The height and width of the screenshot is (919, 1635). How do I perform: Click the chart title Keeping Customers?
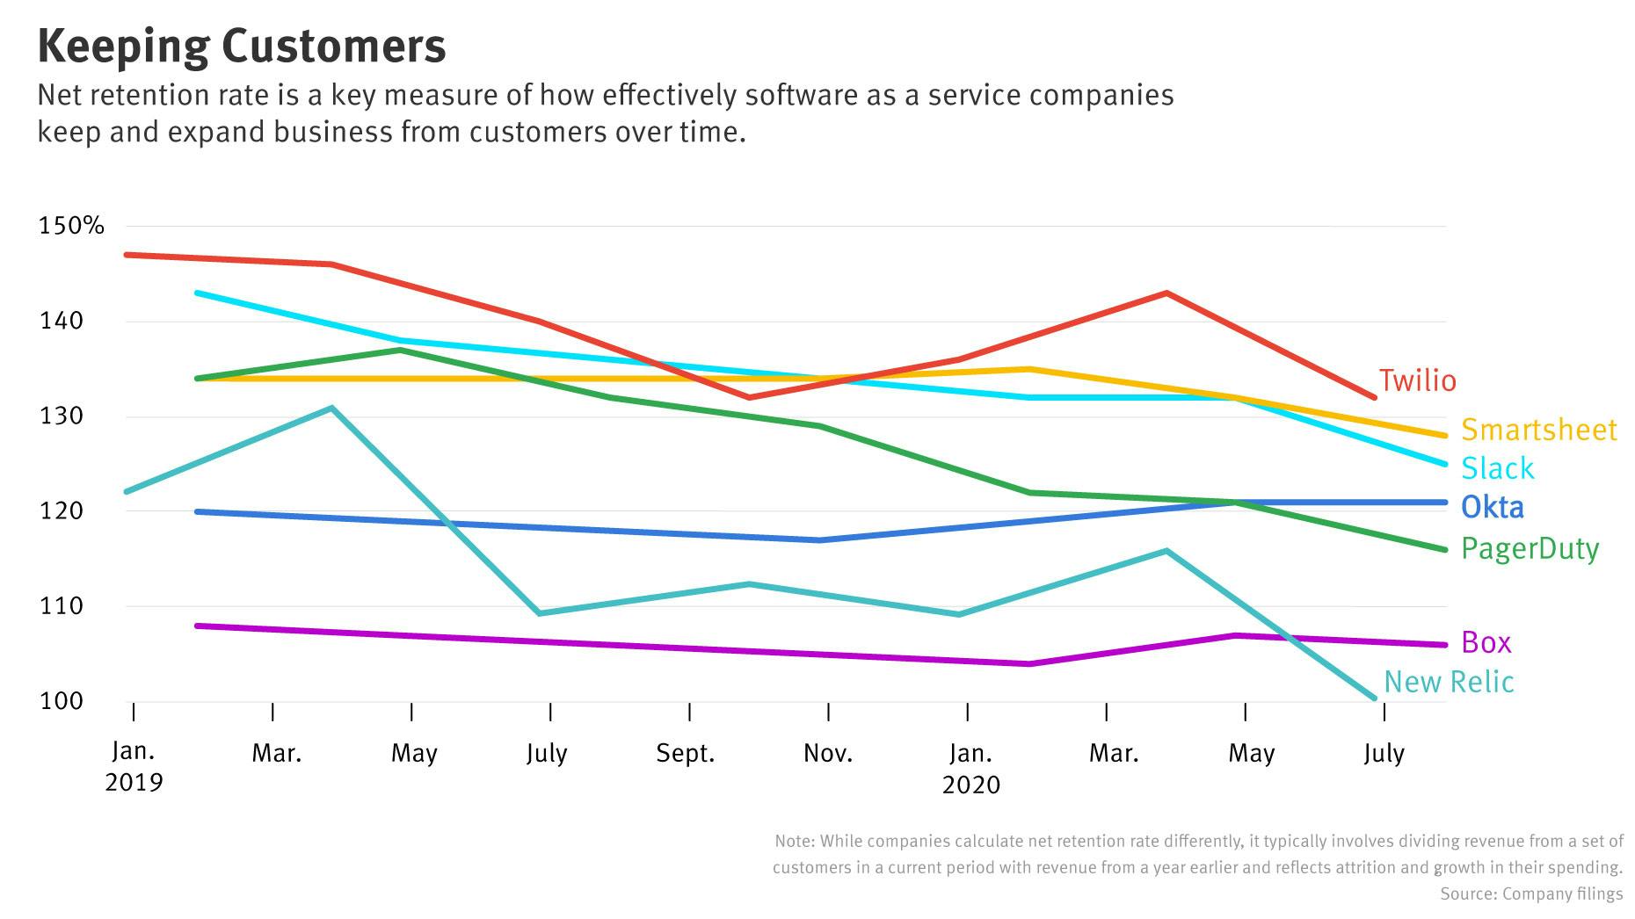click(242, 47)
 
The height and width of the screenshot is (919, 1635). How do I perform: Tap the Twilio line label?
click(1417, 380)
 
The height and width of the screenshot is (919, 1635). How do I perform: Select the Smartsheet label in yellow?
click(1538, 430)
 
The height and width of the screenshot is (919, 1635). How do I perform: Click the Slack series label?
click(1497, 468)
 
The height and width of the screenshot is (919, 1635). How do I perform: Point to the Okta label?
click(1492, 507)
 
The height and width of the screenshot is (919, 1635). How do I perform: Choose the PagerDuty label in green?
click(1530, 548)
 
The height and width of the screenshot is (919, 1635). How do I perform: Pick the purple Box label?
click(1486, 642)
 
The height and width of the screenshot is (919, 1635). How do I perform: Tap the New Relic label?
click(1449, 682)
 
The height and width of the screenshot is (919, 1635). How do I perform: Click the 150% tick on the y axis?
click(71, 226)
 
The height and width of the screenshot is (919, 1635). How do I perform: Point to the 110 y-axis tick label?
click(61, 605)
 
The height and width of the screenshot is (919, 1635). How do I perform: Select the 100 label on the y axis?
click(61, 700)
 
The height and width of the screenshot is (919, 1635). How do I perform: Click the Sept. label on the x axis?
click(686, 753)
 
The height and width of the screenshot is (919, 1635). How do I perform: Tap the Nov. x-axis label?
click(828, 753)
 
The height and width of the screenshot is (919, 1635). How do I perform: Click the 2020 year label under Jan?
click(970, 785)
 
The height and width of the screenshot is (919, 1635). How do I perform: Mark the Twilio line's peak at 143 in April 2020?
click(1166, 293)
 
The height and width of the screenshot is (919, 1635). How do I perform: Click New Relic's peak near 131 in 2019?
click(331, 408)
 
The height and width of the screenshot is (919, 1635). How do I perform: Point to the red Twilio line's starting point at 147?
click(127, 255)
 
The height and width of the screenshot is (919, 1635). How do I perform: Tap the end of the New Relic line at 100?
click(1373, 698)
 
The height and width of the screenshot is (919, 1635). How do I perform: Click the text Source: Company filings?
click(1531, 894)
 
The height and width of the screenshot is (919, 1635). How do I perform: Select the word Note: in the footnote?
click(795, 841)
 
